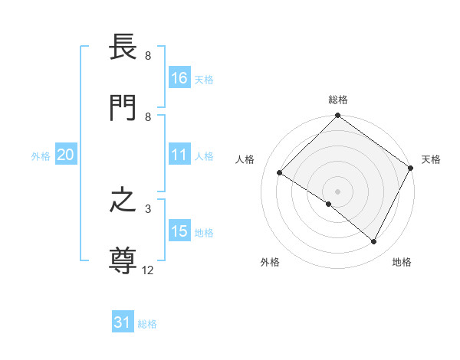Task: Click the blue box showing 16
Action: click(179, 78)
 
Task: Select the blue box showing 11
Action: click(179, 155)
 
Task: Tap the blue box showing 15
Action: click(179, 231)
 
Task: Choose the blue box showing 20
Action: click(65, 155)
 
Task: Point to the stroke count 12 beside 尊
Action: click(148, 270)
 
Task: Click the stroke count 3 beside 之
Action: click(148, 208)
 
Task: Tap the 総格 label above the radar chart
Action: click(338, 100)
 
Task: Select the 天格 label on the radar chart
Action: click(431, 159)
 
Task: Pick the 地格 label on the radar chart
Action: click(402, 262)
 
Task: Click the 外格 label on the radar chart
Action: click(270, 262)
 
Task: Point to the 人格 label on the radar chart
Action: click(245, 159)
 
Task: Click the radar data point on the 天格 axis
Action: click(411, 167)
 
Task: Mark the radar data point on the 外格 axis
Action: click(329, 204)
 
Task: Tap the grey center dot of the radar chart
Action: click(337, 191)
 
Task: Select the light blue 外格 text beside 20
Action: click(41, 155)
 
